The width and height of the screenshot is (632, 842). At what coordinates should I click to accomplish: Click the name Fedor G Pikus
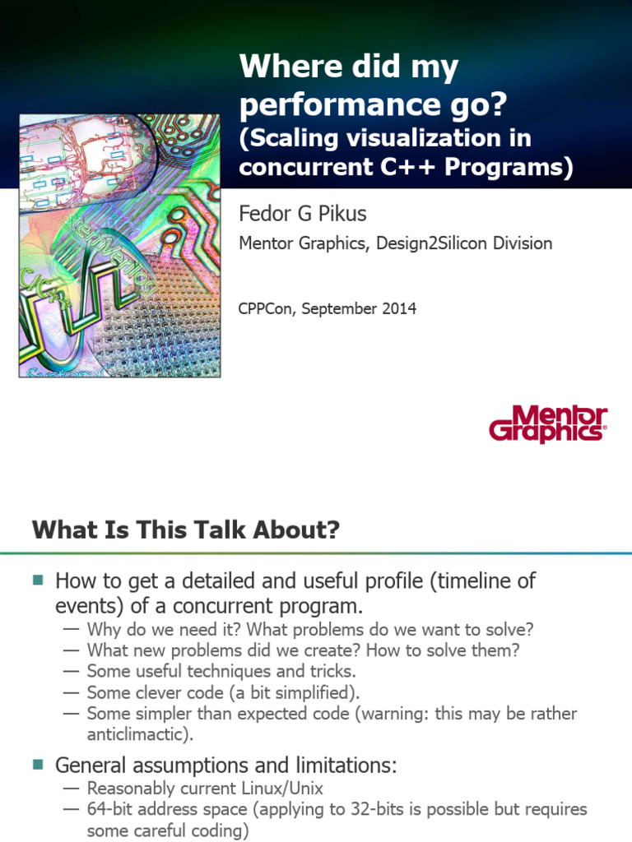click(302, 214)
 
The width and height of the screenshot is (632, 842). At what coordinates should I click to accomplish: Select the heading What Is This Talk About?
click(185, 530)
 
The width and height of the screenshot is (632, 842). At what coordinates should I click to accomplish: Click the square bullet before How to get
click(37, 581)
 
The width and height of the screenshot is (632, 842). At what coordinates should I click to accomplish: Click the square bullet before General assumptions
click(37, 765)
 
